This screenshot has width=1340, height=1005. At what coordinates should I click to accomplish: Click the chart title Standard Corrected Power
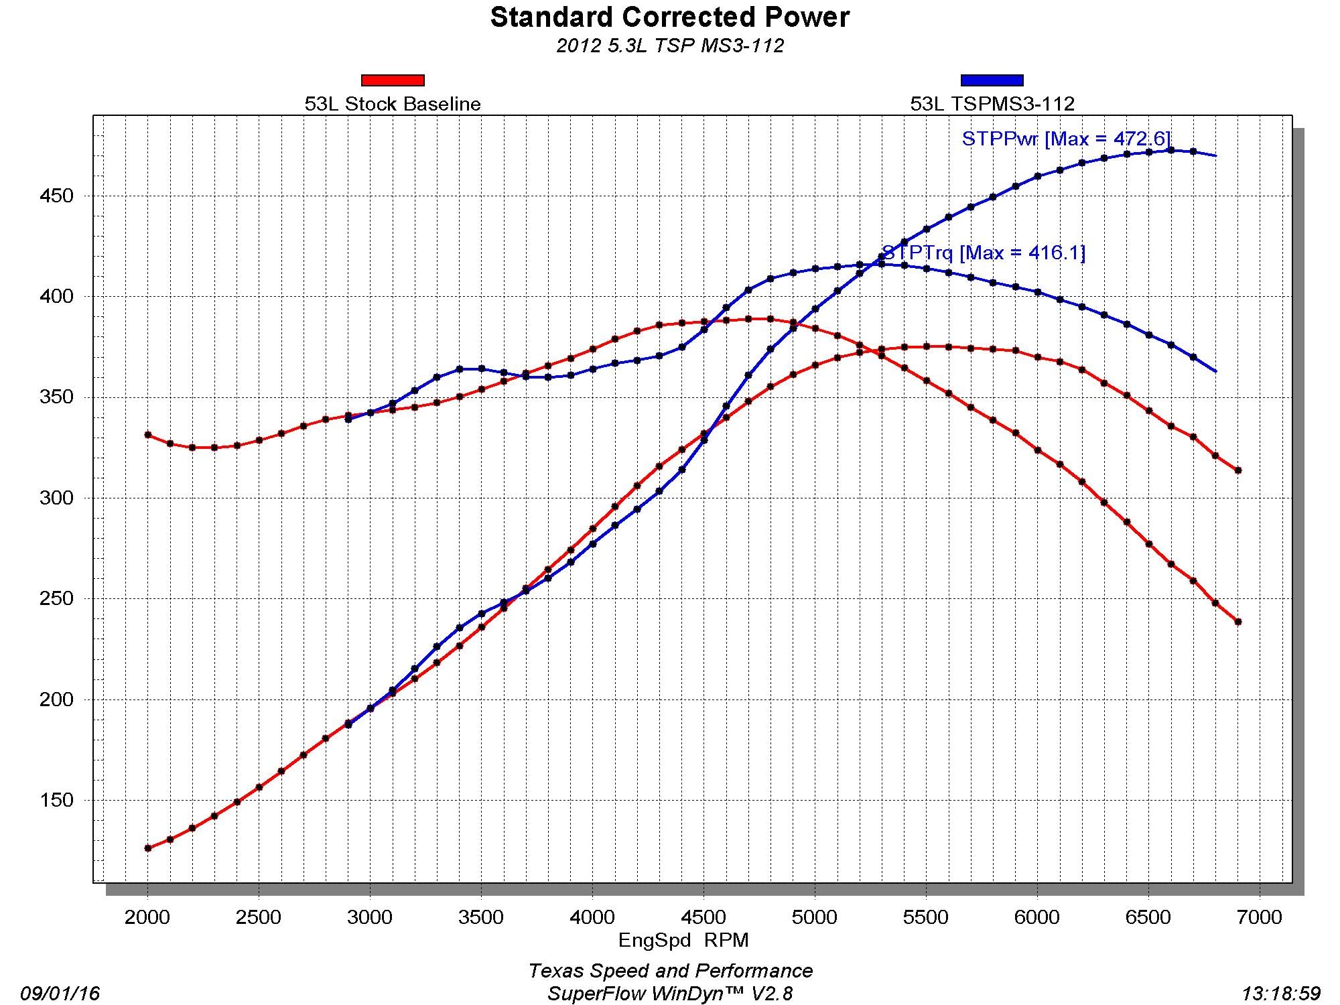point(669,17)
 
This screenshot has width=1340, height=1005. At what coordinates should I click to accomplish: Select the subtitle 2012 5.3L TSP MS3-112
point(669,46)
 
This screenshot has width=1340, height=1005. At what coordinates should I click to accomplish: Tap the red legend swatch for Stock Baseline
point(393,80)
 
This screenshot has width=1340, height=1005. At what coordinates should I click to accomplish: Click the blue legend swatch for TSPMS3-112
point(992,80)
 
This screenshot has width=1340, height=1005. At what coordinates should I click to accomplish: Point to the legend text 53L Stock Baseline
point(393,104)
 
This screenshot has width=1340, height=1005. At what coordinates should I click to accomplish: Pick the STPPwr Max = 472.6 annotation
point(1066,139)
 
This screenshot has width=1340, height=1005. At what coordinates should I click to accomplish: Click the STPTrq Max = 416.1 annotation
point(984,253)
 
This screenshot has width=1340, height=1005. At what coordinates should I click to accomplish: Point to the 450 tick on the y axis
point(56,196)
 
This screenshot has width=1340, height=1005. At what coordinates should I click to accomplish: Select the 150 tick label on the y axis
point(56,800)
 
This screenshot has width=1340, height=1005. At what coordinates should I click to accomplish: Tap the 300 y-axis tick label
point(56,498)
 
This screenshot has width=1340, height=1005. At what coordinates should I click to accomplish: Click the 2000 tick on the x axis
point(147,917)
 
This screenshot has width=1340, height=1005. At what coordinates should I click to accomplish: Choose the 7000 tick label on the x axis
point(1260,917)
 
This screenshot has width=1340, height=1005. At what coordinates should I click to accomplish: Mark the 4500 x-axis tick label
point(703,917)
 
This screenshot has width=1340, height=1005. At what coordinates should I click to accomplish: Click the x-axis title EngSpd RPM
point(683,940)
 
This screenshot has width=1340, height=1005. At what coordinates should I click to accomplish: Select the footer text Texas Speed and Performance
point(670,971)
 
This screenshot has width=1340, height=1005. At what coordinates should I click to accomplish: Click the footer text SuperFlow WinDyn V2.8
point(670,993)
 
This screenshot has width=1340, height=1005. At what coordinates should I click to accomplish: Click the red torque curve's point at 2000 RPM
point(148,435)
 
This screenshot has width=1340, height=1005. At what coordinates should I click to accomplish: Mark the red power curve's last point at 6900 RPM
point(1238,622)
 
